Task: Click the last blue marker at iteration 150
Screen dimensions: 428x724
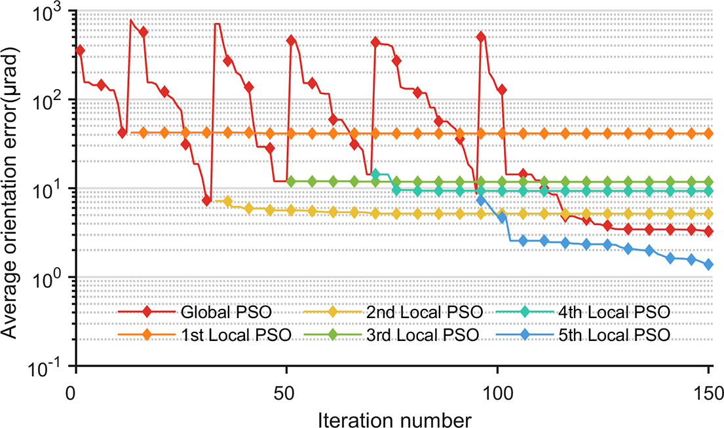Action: coord(708,264)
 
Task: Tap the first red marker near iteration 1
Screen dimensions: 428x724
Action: coord(80,50)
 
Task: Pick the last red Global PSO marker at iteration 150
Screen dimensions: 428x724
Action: coord(708,232)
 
